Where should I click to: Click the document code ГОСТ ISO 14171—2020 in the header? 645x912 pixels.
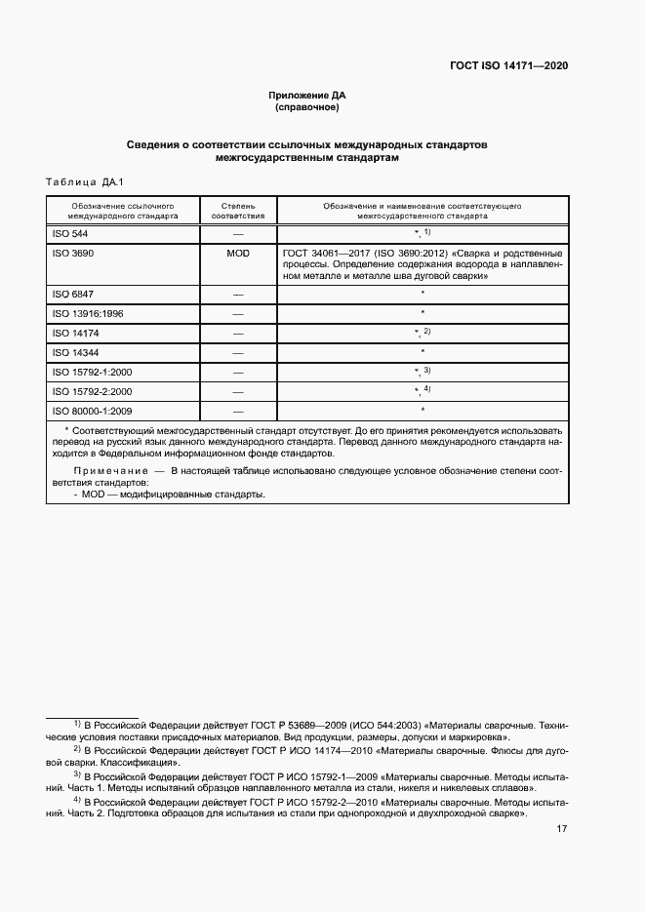click(508, 65)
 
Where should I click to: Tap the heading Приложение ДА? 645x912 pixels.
click(307, 95)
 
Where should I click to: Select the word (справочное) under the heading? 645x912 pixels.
click(307, 107)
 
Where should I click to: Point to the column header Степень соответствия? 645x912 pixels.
click(237, 212)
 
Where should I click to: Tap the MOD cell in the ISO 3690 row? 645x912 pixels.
click(237, 253)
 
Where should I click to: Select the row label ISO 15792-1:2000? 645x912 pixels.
click(91, 372)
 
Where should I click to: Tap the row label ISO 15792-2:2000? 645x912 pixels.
click(91, 391)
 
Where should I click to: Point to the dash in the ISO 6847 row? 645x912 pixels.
click(237, 294)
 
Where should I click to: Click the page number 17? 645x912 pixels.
click(561, 829)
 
